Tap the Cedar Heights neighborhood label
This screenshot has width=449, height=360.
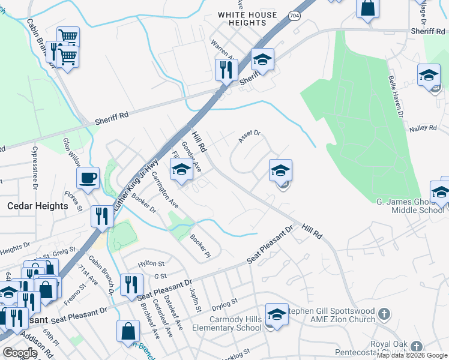[x=37, y=206]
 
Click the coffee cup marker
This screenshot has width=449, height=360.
[x=88, y=178]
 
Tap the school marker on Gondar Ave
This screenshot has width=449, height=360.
[x=182, y=170]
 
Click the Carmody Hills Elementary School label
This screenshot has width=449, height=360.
[x=227, y=323]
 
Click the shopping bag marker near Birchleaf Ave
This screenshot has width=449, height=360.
[x=129, y=331]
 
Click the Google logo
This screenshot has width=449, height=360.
[x=19, y=353]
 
